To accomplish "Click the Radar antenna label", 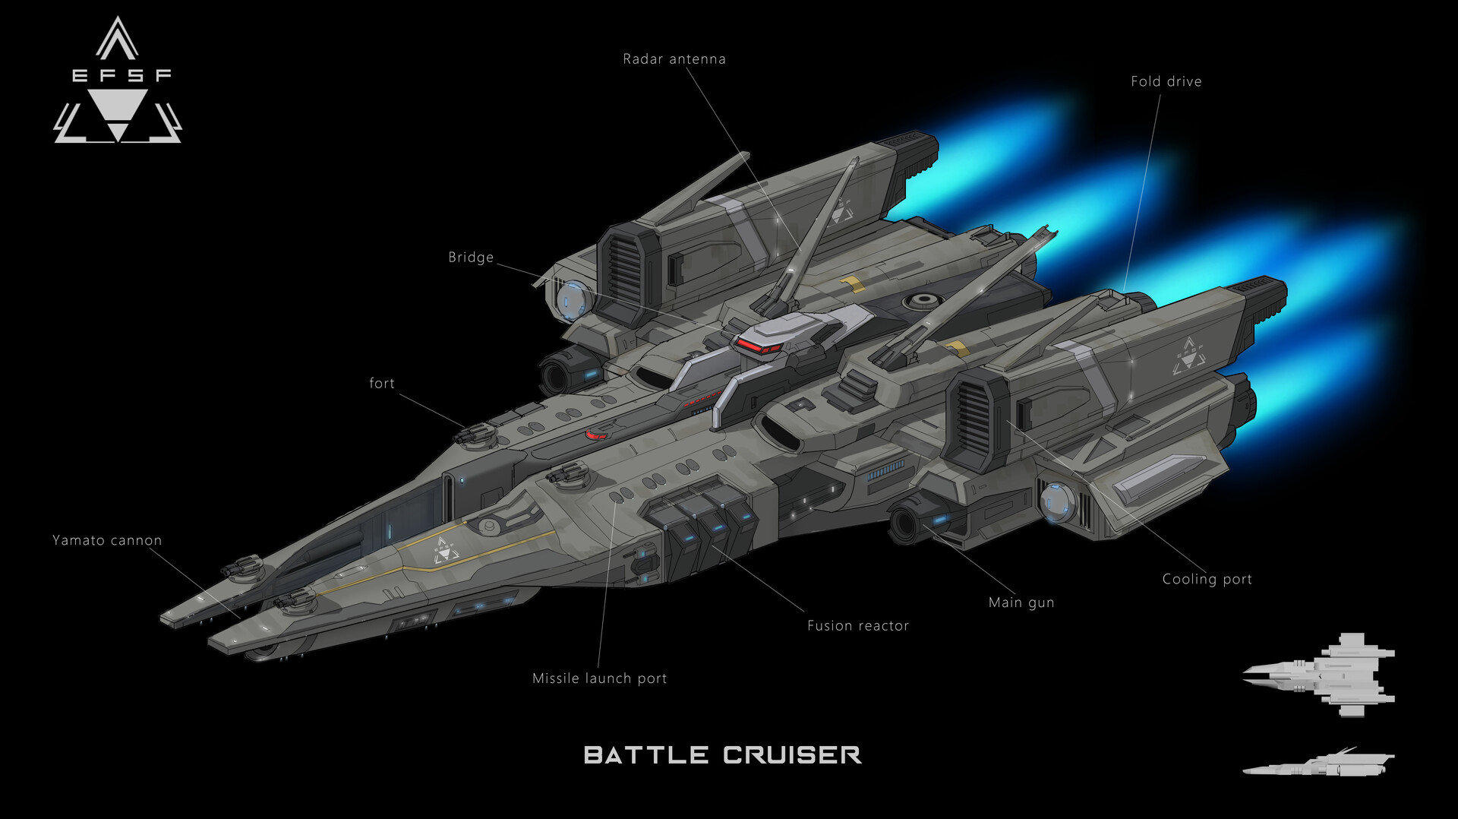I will coord(674,59).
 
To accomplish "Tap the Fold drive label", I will coord(1166,81).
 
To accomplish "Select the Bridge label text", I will coord(471,258).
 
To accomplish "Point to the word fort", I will coord(381,384).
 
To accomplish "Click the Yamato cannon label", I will coord(107,540).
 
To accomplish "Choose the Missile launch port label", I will coord(599,678).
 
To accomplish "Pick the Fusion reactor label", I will coord(857,626).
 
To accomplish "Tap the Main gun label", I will coord(1021,602).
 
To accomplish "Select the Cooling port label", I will coord(1207,579).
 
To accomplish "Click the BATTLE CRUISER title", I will coord(722,755).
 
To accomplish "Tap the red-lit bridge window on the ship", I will coord(758,347).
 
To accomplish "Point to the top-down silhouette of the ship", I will coord(1320,675).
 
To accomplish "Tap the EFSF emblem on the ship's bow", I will coord(445,549).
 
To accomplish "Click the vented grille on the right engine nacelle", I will coord(971,418).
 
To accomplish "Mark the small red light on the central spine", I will coord(595,435).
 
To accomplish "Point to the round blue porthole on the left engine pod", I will coord(572,299).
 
